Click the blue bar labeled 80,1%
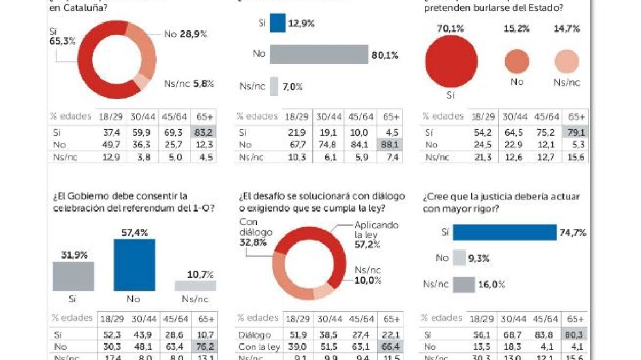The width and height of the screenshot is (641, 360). point(319,54)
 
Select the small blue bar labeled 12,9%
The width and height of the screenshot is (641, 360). point(278,23)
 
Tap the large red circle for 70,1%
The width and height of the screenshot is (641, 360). point(451,61)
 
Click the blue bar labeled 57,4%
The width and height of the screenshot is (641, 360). point(135,264)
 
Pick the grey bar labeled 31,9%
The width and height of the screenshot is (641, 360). point(73,276)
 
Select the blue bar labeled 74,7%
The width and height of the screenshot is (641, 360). point(504,232)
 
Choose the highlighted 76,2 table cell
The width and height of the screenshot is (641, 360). point(205,346)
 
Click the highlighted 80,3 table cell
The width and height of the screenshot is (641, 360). point(575,334)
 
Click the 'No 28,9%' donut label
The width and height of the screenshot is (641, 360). point(185,34)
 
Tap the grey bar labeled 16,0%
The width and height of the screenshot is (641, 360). point(464,285)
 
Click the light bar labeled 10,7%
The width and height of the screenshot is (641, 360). point(196,286)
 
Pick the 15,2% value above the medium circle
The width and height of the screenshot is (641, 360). point(516,29)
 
